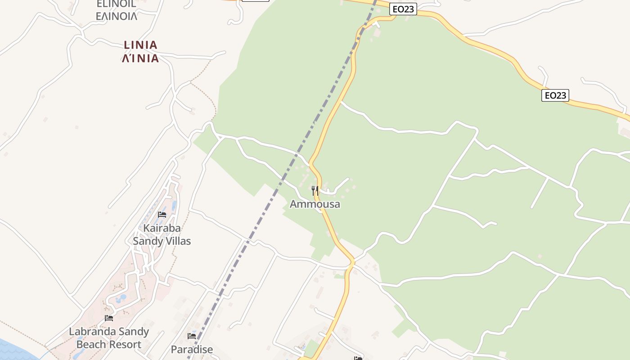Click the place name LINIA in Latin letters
pyautogui.click(x=140, y=45)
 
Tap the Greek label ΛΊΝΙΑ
pyautogui.click(x=140, y=58)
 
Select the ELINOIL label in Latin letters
pyautogui.click(x=116, y=4)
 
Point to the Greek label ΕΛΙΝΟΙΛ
pyautogui.click(x=116, y=17)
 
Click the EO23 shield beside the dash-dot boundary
pyautogui.click(x=403, y=9)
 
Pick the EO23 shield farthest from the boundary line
pyautogui.click(x=555, y=95)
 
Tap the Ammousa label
pyautogui.click(x=315, y=204)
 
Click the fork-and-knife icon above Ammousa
pyautogui.click(x=315, y=191)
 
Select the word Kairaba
pyautogui.click(x=162, y=228)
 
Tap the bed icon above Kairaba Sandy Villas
pyautogui.click(x=162, y=215)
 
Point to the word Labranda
pyautogui.click(x=90, y=332)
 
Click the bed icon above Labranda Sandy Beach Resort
pyautogui.click(x=109, y=318)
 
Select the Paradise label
pyautogui.click(x=192, y=349)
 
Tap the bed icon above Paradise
pyautogui.click(x=192, y=336)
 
